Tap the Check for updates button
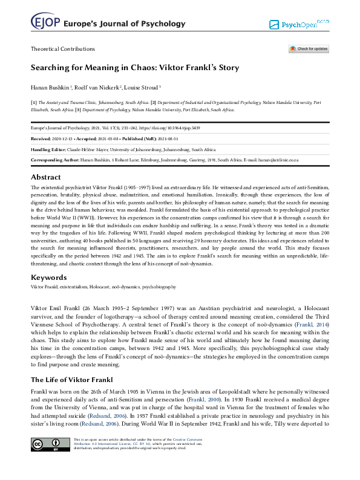click(x=309, y=49)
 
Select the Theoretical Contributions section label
click(x=63, y=49)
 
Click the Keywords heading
click(x=49, y=277)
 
